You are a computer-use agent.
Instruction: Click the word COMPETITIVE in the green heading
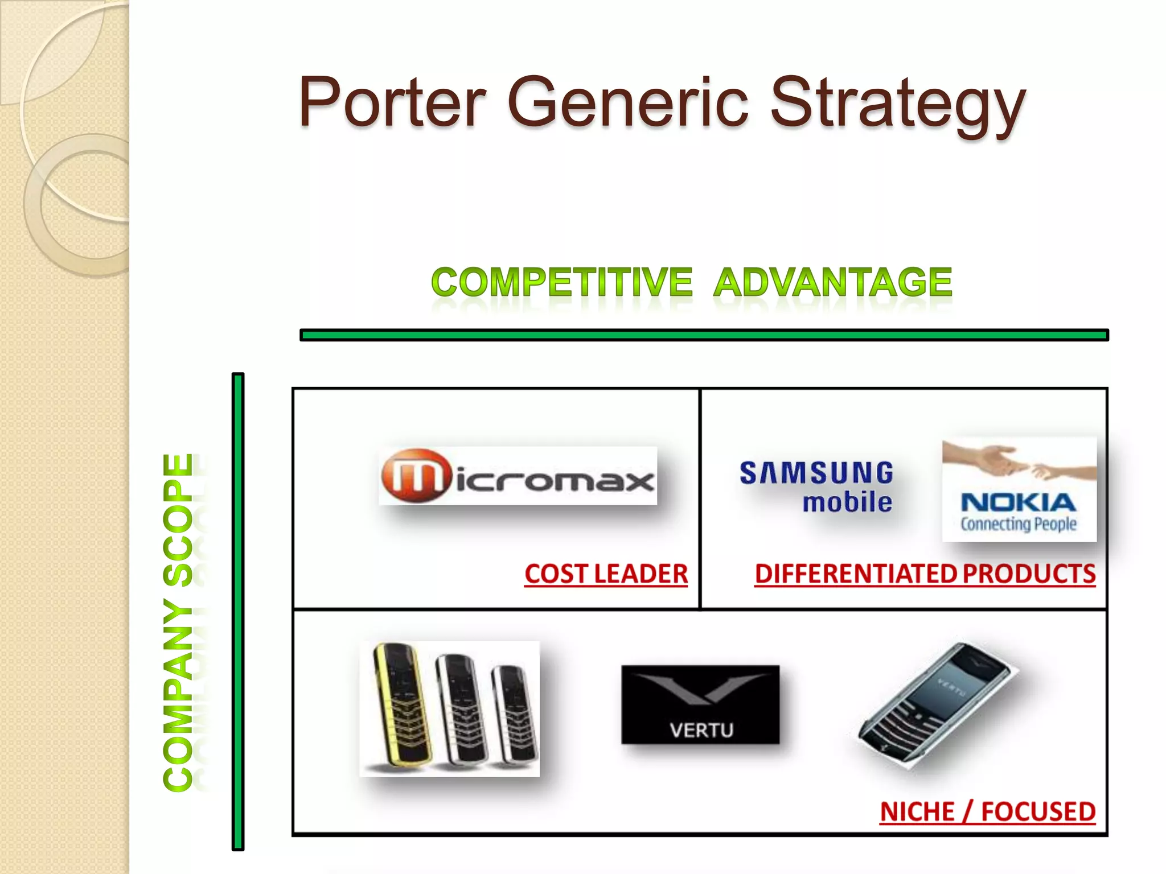pyautogui.click(x=561, y=282)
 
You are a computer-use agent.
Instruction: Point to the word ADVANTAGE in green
pyautogui.click(x=832, y=282)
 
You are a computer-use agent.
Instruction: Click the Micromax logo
pyautogui.click(x=518, y=476)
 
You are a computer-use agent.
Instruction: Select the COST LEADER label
pyautogui.click(x=606, y=574)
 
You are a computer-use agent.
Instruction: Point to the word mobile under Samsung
pyautogui.click(x=847, y=502)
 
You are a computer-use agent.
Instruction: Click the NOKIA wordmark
pyautogui.click(x=1019, y=502)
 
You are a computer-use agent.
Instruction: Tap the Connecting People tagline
pyautogui.click(x=1019, y=523)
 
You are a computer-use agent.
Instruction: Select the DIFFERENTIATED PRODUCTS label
pyautogui.click(x=925, y=574)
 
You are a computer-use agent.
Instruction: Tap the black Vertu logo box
pyautogui.click(x=700, y=704)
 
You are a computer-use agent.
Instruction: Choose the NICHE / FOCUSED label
pyautogui.click(x=987, y=811)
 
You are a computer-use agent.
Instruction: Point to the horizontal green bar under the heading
pyautogui.click(x=704, y=335)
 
